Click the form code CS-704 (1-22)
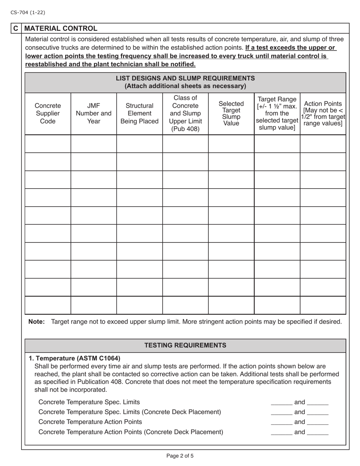click(x=28, y=13)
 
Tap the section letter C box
click(x=16, y=28)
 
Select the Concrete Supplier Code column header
click(x=48, y=114)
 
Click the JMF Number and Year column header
click(x=94, y=114)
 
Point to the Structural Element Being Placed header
click(x=139, y=114)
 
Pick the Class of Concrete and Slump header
click(x=185, y=114)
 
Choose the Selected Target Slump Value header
click(x=231, y=114)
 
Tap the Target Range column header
click(x=277, y=114)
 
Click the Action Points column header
click(x=323, y=114)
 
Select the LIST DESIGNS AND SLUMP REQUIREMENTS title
click(x=185, y=82)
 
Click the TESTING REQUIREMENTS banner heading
click(x=185, y=345)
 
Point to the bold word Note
click(x=36, y=322)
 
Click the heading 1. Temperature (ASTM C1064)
click(x=75, y=358)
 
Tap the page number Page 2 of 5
click(x=180, y=456)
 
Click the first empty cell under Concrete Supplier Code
click(x=48, y=144)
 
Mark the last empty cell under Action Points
click(x=323, y=305)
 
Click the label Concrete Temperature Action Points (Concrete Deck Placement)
click(x=131, y=432)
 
